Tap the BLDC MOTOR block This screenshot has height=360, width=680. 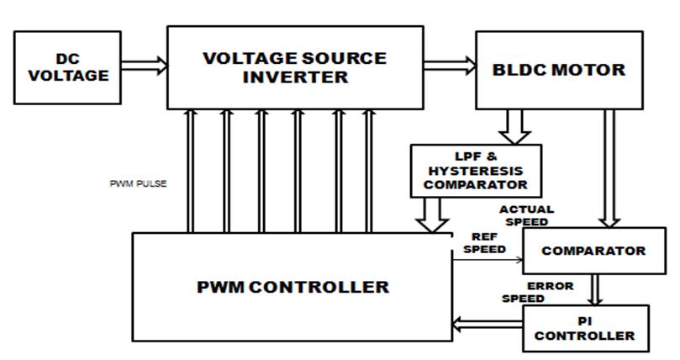point(558,70)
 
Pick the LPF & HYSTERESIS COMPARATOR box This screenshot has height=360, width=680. point(475,170)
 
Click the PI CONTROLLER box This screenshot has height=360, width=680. point(586,327)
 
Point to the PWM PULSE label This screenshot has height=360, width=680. point(139,183)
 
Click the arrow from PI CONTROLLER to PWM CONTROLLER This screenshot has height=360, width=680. point(488,322)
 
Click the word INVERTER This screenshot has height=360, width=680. point(294,77)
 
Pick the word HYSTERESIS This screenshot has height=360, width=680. point(475,170)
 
